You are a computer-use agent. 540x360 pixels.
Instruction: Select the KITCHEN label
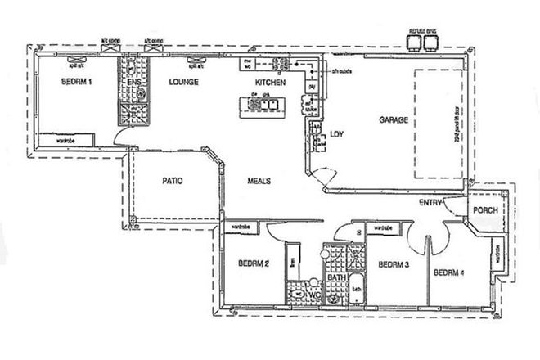(270, 83)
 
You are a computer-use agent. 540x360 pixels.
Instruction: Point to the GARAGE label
(394, 119)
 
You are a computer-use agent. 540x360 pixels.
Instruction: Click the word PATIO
(171, 180)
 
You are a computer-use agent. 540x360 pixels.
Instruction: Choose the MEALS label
(260, 181)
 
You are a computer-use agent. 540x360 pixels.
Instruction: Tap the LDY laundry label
(335, 135)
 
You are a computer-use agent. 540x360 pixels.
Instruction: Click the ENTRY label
(431, 202)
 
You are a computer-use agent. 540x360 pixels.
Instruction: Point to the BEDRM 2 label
(254, 263)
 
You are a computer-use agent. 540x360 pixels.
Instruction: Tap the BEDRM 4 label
(450, 272)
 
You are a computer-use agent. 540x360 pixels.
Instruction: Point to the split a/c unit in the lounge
(197, 61)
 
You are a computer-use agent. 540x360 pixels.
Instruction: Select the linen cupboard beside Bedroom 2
(294, 262)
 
